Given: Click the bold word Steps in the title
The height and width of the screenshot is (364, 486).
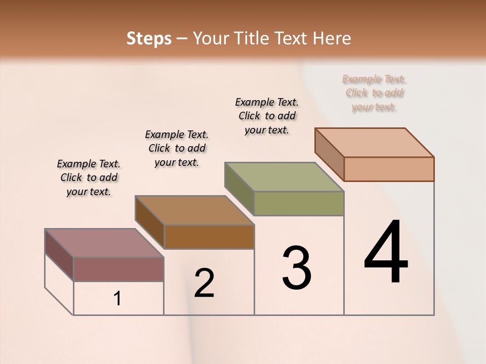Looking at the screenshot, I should (x=149, y=38).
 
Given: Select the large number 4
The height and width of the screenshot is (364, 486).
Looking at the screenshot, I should (x=386, y=253).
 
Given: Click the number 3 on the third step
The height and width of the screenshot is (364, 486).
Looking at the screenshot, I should (x=297, y=268).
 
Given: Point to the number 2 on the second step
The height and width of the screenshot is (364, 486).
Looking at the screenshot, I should (x=205, y=283).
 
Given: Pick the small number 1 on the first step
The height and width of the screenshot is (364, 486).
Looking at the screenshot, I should (x=117, y=299).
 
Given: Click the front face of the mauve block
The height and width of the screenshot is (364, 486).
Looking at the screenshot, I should (x=118, y=269).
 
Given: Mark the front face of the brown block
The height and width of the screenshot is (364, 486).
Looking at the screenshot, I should (x=209, y=237).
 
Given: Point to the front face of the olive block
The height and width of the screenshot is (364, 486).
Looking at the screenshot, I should (x=299, y=203).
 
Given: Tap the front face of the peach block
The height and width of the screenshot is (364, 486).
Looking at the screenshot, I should (x=389, y=169).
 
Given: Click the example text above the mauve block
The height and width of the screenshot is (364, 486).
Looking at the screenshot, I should (x=89, y=177).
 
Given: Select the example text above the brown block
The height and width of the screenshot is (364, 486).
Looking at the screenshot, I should (x=177, y=148).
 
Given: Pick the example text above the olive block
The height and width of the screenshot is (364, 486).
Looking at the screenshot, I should (x=267, y=116).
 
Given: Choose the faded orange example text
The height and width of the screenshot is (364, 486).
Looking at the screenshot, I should (x=374, y=93).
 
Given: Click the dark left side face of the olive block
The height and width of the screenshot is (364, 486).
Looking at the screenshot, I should (x=239, y=188).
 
